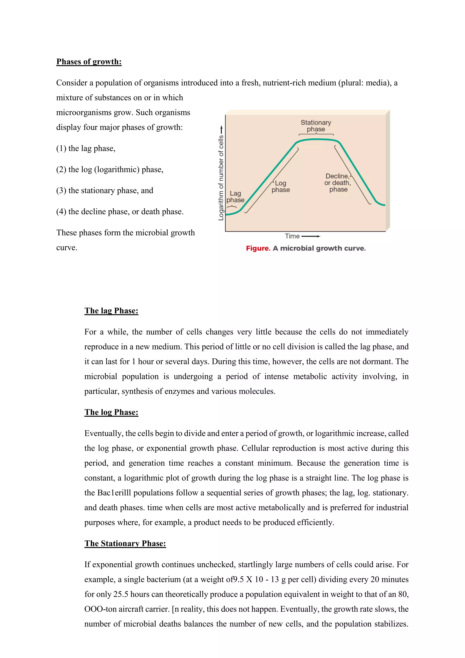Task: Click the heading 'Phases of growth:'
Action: pyautogui.click(x=89, y=62)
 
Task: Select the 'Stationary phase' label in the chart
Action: pyautogui.click(x=316, y=126)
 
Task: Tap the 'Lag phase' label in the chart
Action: pyautogui.click(x=235, y=197)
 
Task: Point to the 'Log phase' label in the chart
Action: pyautogui.click(x=281, y=186)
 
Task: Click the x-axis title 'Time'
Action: pyautogui.click(x=292, y=236)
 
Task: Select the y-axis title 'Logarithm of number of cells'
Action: pyautogui.click(x=221, y=178)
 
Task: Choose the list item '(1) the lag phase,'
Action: pyautogui.click(x=86, y=148)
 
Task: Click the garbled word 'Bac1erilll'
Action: pyautogui.click(x=114, y=493)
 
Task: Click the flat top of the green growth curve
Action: pyautogui.click(x=316, y=139)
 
